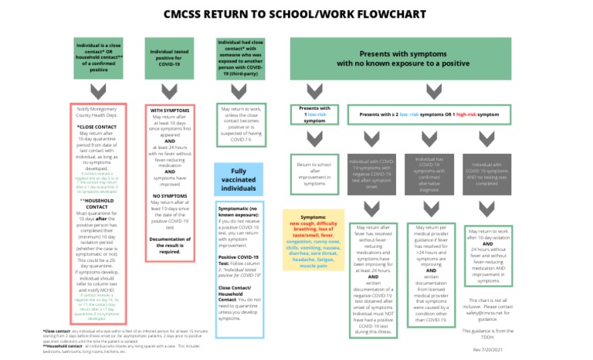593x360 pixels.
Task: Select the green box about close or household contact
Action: [x=98, y=56]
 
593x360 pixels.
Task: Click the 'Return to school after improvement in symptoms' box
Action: [x=314, y=175]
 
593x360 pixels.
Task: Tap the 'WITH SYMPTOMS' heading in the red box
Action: [x=165, y=110]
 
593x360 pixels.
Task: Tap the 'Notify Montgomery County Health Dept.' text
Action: [x=98, y=113]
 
